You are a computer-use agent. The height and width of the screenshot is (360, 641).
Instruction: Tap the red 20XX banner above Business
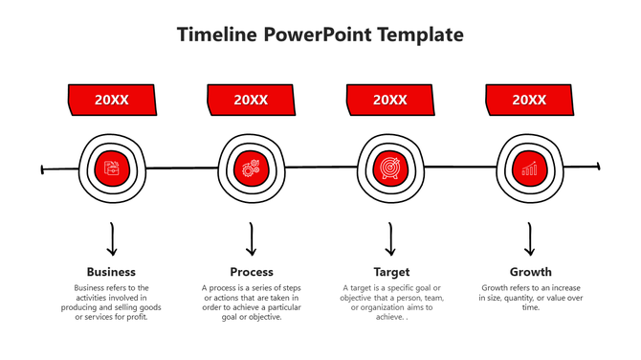click(112, 100)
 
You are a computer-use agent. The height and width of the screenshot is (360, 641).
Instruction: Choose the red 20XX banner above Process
click(251, 100)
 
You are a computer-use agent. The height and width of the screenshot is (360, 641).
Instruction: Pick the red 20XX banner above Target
click(390, 100)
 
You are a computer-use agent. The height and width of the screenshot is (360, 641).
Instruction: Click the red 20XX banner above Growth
click(529, 100)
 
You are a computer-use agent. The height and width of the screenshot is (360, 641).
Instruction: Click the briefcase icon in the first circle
click(112, 169)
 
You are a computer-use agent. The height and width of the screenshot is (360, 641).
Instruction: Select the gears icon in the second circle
click(251, 169)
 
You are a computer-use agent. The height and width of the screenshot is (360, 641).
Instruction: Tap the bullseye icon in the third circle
click(389, 169)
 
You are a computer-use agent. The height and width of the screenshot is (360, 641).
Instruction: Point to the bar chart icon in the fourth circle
click(529, 169)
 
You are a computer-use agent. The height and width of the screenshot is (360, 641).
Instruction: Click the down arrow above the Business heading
click(112, 239)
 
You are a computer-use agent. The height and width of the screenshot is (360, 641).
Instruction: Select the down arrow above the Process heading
click(252, 239)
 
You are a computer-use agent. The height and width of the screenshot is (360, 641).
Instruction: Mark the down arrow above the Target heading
click(390, 239)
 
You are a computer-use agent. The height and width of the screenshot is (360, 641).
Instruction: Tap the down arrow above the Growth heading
click(530, 239)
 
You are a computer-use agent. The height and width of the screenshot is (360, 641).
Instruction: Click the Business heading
click(111, 272)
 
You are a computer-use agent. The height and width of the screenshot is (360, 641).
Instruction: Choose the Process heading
click(252, 272)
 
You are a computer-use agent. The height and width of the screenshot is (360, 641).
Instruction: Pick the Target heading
click(390, 272)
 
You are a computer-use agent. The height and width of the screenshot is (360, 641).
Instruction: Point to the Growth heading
click(530, 272)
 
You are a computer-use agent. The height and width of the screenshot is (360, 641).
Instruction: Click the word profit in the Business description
click(136, 317)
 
